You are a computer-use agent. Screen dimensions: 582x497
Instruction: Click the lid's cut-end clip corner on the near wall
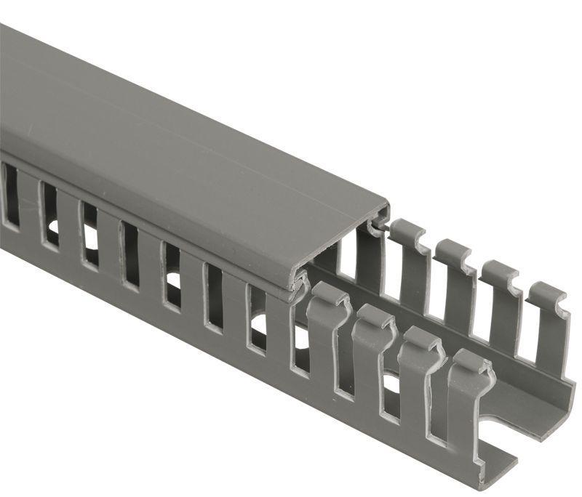click(x=298, y=283)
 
